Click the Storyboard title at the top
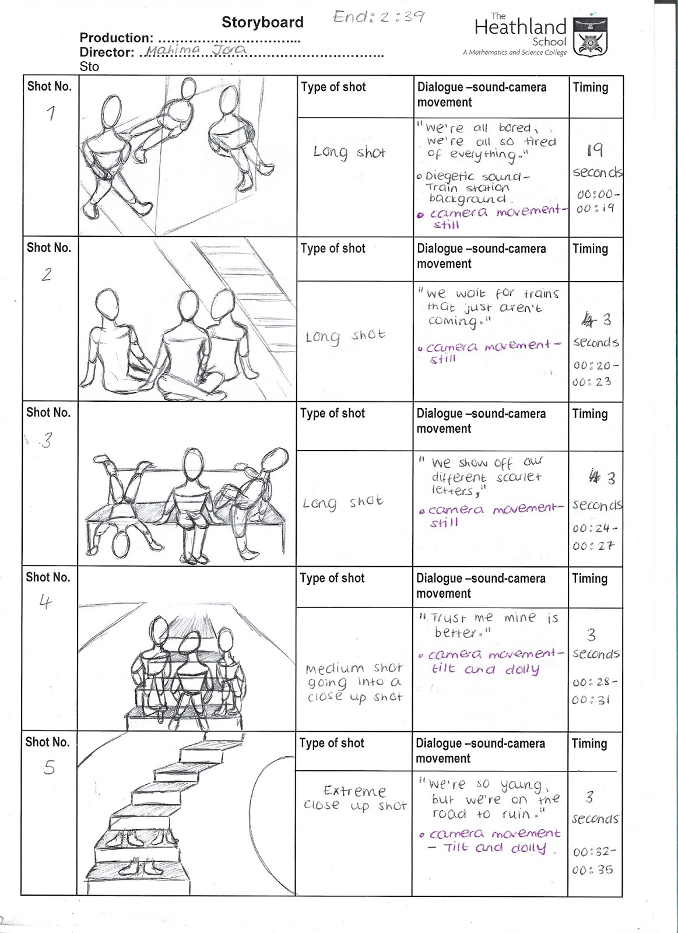coord(262,22)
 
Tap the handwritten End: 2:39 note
coord(378,16)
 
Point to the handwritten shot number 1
coord(51,113)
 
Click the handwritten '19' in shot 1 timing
coord(595,150)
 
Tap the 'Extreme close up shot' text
coord(354,798)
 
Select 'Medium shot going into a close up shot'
coord(354,682)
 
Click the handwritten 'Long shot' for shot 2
coord(345,336)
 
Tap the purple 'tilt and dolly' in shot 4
coord(486,669)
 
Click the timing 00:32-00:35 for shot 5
coord(593,860)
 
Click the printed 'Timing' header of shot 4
coord(589,578)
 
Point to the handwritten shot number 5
coord(50,767)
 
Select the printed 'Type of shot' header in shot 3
coord(332,413)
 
